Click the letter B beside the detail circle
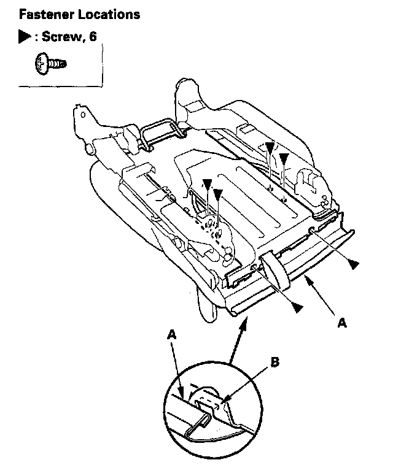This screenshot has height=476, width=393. (x=274, y=363)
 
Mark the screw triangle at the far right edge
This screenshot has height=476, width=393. (x=353, y=263)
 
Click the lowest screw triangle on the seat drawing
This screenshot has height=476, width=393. (x=297, y=307)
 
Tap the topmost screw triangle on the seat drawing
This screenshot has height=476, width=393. (x=270, y=148)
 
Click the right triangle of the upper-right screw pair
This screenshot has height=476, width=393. (x=284, y=158)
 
